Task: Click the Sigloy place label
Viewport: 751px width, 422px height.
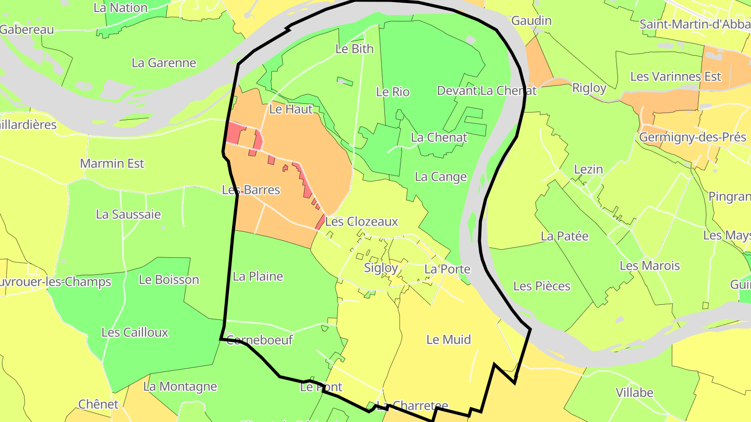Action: [x=381, y=268]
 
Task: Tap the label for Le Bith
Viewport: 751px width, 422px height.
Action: [x=355, y=49]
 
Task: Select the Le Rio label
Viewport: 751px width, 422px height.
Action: [x=393, y=92]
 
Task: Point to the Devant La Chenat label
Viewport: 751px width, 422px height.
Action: [x=487, y=91]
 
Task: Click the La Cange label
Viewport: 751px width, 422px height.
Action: [x=441, y=177]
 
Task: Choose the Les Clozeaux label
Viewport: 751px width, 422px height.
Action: [x=361, y=222]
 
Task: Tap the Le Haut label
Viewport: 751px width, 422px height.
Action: [x=291, y=109]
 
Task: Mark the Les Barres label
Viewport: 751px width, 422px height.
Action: [x=251, y=190]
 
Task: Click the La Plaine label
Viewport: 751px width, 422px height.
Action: [x=258, y=277]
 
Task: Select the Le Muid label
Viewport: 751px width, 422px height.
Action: [x=449, y=340]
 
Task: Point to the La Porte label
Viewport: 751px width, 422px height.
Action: [x=447, y=269]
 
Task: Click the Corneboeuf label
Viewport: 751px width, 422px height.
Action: [x=259, y=341]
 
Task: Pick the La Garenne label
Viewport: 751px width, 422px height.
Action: [x=164, y=63]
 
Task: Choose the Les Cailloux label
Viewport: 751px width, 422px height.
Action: [x=135, y=332]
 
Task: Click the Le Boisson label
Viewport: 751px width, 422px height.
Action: [x=169, y=280]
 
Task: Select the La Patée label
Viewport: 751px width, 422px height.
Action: [x=564, y=237]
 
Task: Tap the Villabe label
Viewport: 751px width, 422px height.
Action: [x=635, y=393]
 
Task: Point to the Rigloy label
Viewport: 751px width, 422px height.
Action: [x=589, y=88]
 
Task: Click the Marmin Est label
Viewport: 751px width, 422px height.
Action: [x=112, y=164]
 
